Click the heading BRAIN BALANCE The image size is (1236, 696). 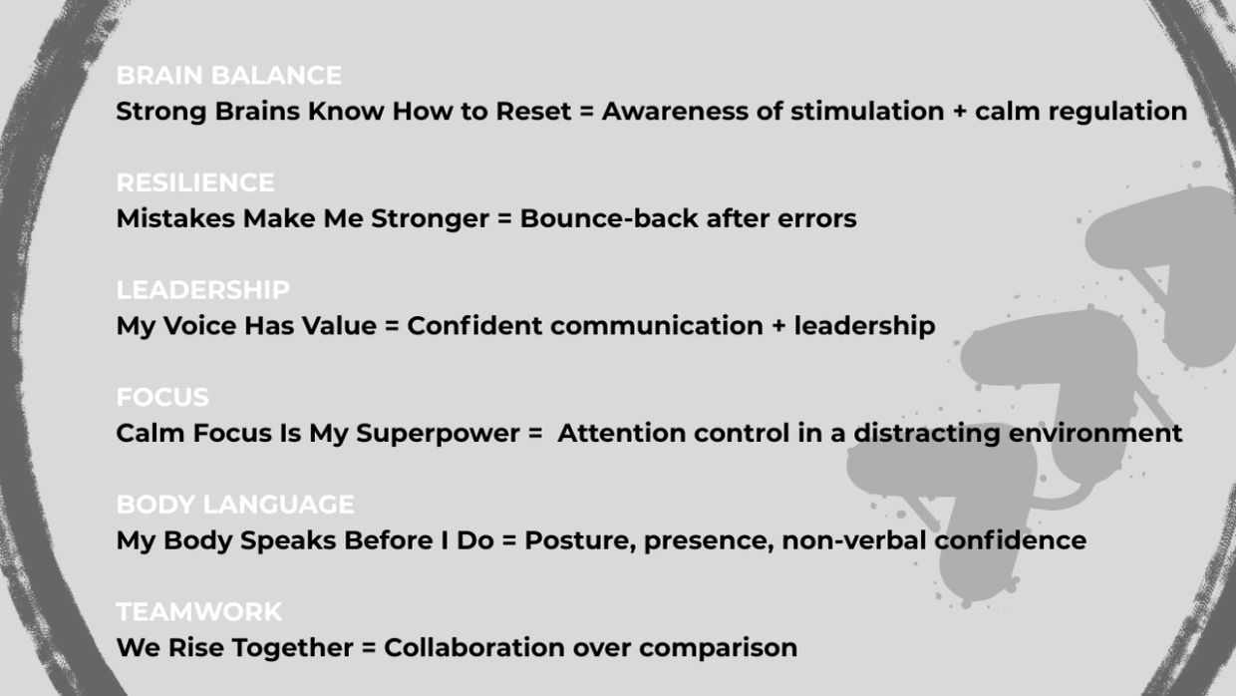229,76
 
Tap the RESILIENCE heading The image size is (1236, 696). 195,182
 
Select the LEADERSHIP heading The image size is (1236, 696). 203,290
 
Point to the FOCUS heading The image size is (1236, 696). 162,398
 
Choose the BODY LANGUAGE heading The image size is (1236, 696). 235,505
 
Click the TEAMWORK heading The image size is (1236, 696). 199,611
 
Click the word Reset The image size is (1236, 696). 533,111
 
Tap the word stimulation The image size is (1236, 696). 867,111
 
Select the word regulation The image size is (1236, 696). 1118,112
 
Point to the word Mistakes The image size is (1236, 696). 175,218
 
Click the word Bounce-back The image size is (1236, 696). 609,218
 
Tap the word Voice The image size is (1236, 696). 199,326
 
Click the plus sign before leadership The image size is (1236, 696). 778,326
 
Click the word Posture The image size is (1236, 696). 579,540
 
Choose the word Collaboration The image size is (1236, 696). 474,647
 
